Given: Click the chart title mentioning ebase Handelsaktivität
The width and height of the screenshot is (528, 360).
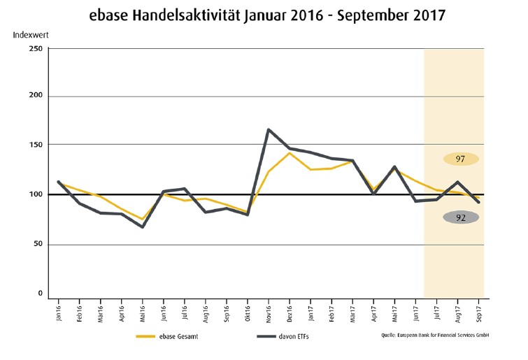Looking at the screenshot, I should click(x=264, y=15).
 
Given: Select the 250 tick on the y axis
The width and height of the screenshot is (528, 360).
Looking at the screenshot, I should click(x=35, y=48).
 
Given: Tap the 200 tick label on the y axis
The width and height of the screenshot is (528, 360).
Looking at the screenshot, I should click(x=35, y=96).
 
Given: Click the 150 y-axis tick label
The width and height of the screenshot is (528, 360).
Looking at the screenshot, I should click(x=35, y=145).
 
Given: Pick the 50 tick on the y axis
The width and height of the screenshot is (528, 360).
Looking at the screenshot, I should click(x=37, y=245).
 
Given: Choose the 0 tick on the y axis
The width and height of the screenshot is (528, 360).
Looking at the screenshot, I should click(x=40, y=294).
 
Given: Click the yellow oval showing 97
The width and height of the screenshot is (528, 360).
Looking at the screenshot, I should click(x=460, y=159).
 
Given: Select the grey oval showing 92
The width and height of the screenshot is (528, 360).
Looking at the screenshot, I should click(x=460, y=217).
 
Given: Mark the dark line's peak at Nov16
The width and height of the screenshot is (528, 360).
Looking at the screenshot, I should click(x=269, y=129).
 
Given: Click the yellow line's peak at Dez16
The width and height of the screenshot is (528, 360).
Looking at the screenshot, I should click(x=290, y=153).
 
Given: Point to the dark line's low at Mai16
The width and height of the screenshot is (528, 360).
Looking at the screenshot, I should click(x=143, y=227).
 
